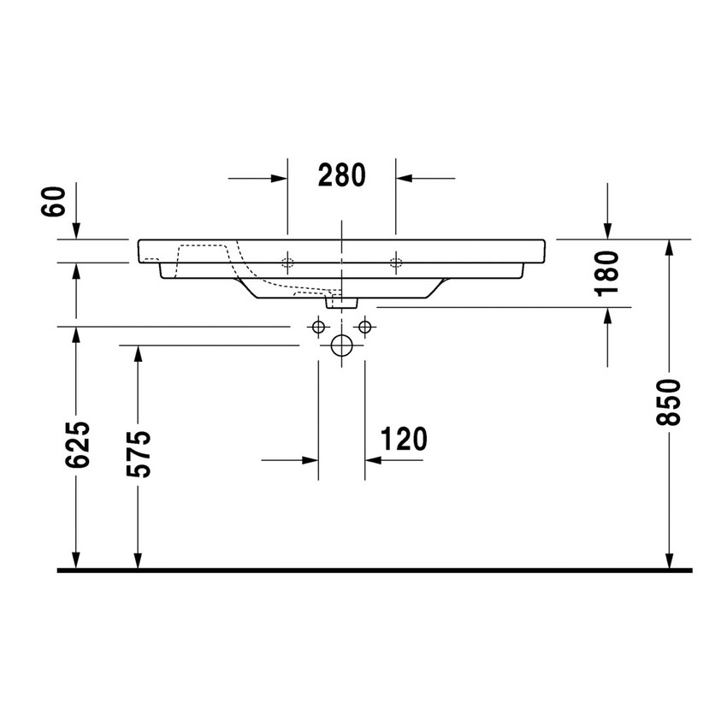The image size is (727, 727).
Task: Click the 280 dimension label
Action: pyautogui.click(x=341, y=175)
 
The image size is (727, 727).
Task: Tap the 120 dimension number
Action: pyautogui.click(x=403, y=440)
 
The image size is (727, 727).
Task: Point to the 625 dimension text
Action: pyautogui.click(x=78, y=444)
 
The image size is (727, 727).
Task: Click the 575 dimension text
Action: pyautogui.click(x=139, y=453)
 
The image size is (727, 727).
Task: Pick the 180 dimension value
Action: pyautogui.click(x=606, y=273)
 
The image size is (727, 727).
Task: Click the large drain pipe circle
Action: pyautogui.click(x=341, y=346)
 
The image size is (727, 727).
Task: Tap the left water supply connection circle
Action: pyautogui.click(x=318, y=327)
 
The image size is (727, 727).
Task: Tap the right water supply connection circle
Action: pyautogui.click(x=365, y=327)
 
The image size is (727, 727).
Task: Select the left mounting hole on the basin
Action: pyautogui.click(x=287, y=261)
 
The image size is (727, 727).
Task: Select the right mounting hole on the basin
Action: pyautogui.click(x=395, y=261)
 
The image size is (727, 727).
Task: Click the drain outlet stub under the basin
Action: pyautogui.click(x=341, y=300)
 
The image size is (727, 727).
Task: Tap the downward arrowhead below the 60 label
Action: pyautogui.click(x=77, y=231)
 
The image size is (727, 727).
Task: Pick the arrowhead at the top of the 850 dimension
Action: pyautogui.click(x=669, y=248)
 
